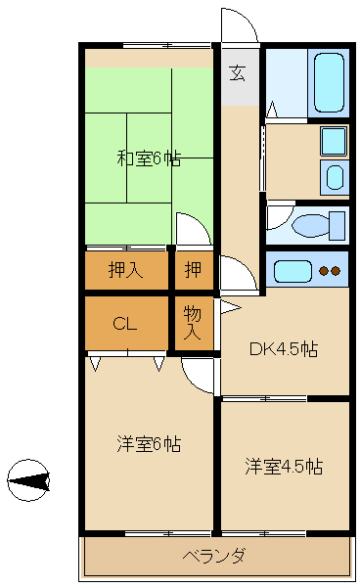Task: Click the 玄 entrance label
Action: click(238, 71)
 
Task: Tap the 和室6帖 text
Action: click(148, 158)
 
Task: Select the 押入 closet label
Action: click(125, 270)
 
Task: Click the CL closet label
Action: click(123, 323)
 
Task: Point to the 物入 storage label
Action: click(193, 324)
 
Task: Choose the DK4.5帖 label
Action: click(284, 349)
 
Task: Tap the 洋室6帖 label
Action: click(147, 443)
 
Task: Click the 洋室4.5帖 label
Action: click(284, 466)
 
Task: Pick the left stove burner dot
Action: click(325, 271)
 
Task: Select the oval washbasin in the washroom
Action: click(335, 177)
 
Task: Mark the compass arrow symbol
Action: click(28, 479)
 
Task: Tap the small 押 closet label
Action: click(193, 270)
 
